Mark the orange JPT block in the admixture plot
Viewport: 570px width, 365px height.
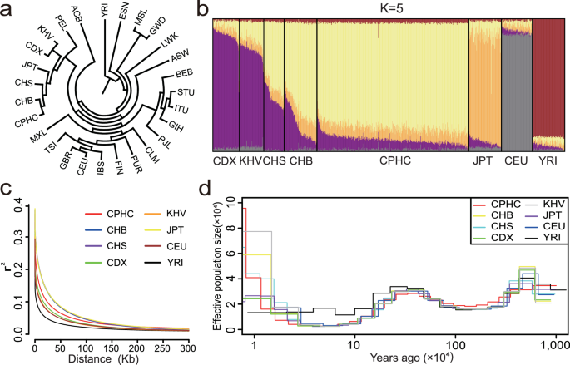point(483,83)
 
